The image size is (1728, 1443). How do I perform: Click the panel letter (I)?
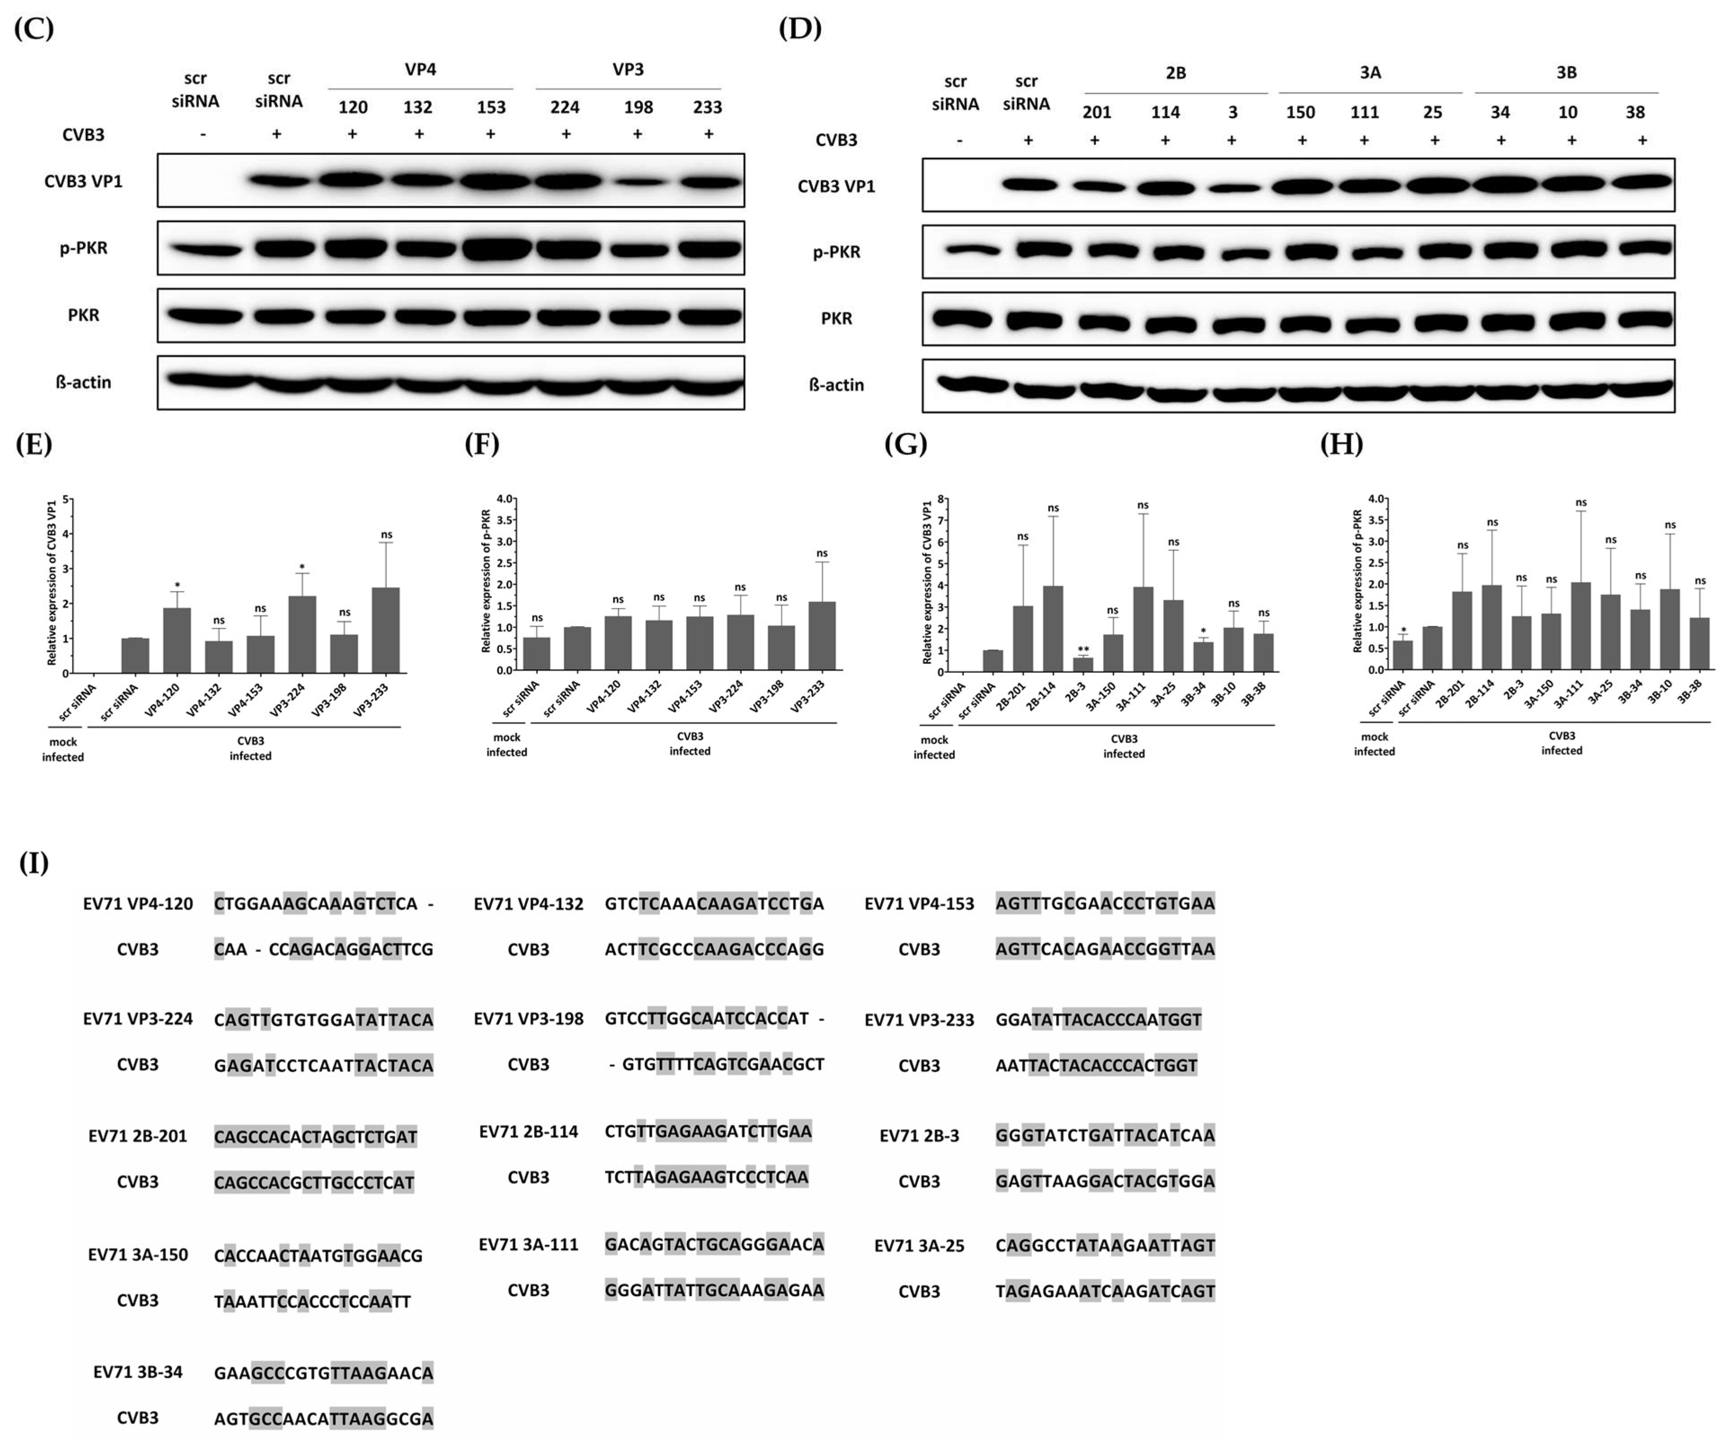(34, 863)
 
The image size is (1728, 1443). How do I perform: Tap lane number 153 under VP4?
(491, 107)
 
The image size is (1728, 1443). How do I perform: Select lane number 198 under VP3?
(638, 107)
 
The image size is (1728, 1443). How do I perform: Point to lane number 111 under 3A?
(1365, 112)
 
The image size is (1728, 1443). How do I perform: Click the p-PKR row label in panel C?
(83, 247)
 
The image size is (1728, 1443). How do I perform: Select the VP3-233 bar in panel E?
(386, 629)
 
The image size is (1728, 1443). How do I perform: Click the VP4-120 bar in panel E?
(177, 640)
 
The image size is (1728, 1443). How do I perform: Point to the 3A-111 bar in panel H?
(1581, 625)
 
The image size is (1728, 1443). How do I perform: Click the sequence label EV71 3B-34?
(137, 1372)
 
